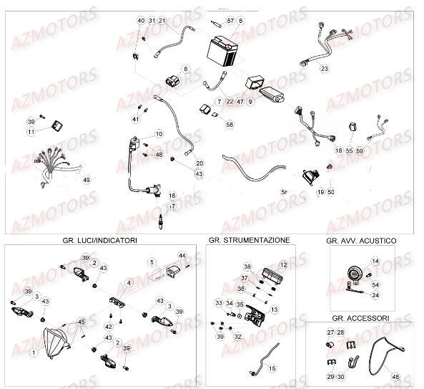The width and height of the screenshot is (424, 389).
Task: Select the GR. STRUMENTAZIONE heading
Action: pyautogui.click(x=249, y=240)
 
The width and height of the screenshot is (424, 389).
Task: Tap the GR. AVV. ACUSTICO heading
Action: pyautogui.click(x=361, y=241)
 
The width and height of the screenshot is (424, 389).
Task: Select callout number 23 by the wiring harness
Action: pyautogui.click(x=324, y=69)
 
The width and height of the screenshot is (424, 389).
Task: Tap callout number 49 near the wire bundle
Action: pyautogui.click(x=86, y=179)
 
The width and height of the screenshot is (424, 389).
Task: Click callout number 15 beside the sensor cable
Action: pyautogui.click(x=272, y=368)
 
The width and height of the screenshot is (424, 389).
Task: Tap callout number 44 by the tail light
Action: pyautogui.click(x=182, y=256)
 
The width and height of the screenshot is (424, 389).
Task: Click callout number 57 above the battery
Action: pyautogui.click(x=230, y=21)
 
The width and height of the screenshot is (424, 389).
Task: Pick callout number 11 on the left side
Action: pyautogui.click(x=31, y=133)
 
